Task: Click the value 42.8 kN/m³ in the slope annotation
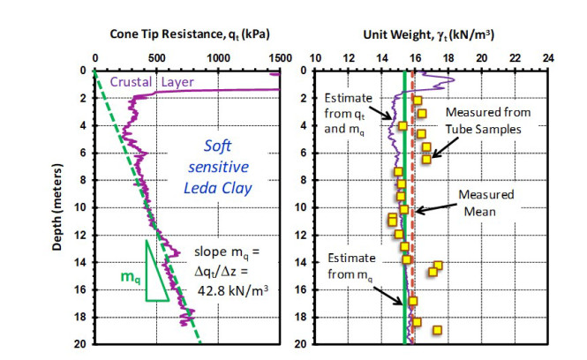pos(239,289)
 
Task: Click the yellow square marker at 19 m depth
pos(437,330)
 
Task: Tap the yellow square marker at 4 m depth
pos(403,126)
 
